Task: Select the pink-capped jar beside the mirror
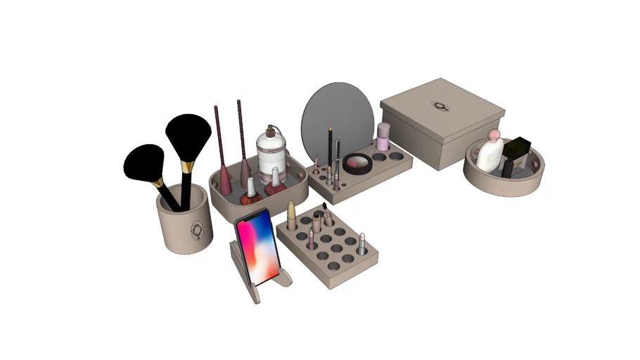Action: coord(383,137)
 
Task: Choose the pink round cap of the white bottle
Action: coord(495,134)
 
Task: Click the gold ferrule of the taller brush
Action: coord(187,167)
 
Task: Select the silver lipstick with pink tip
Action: coord(361,243)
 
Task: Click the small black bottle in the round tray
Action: coord(507,169)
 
